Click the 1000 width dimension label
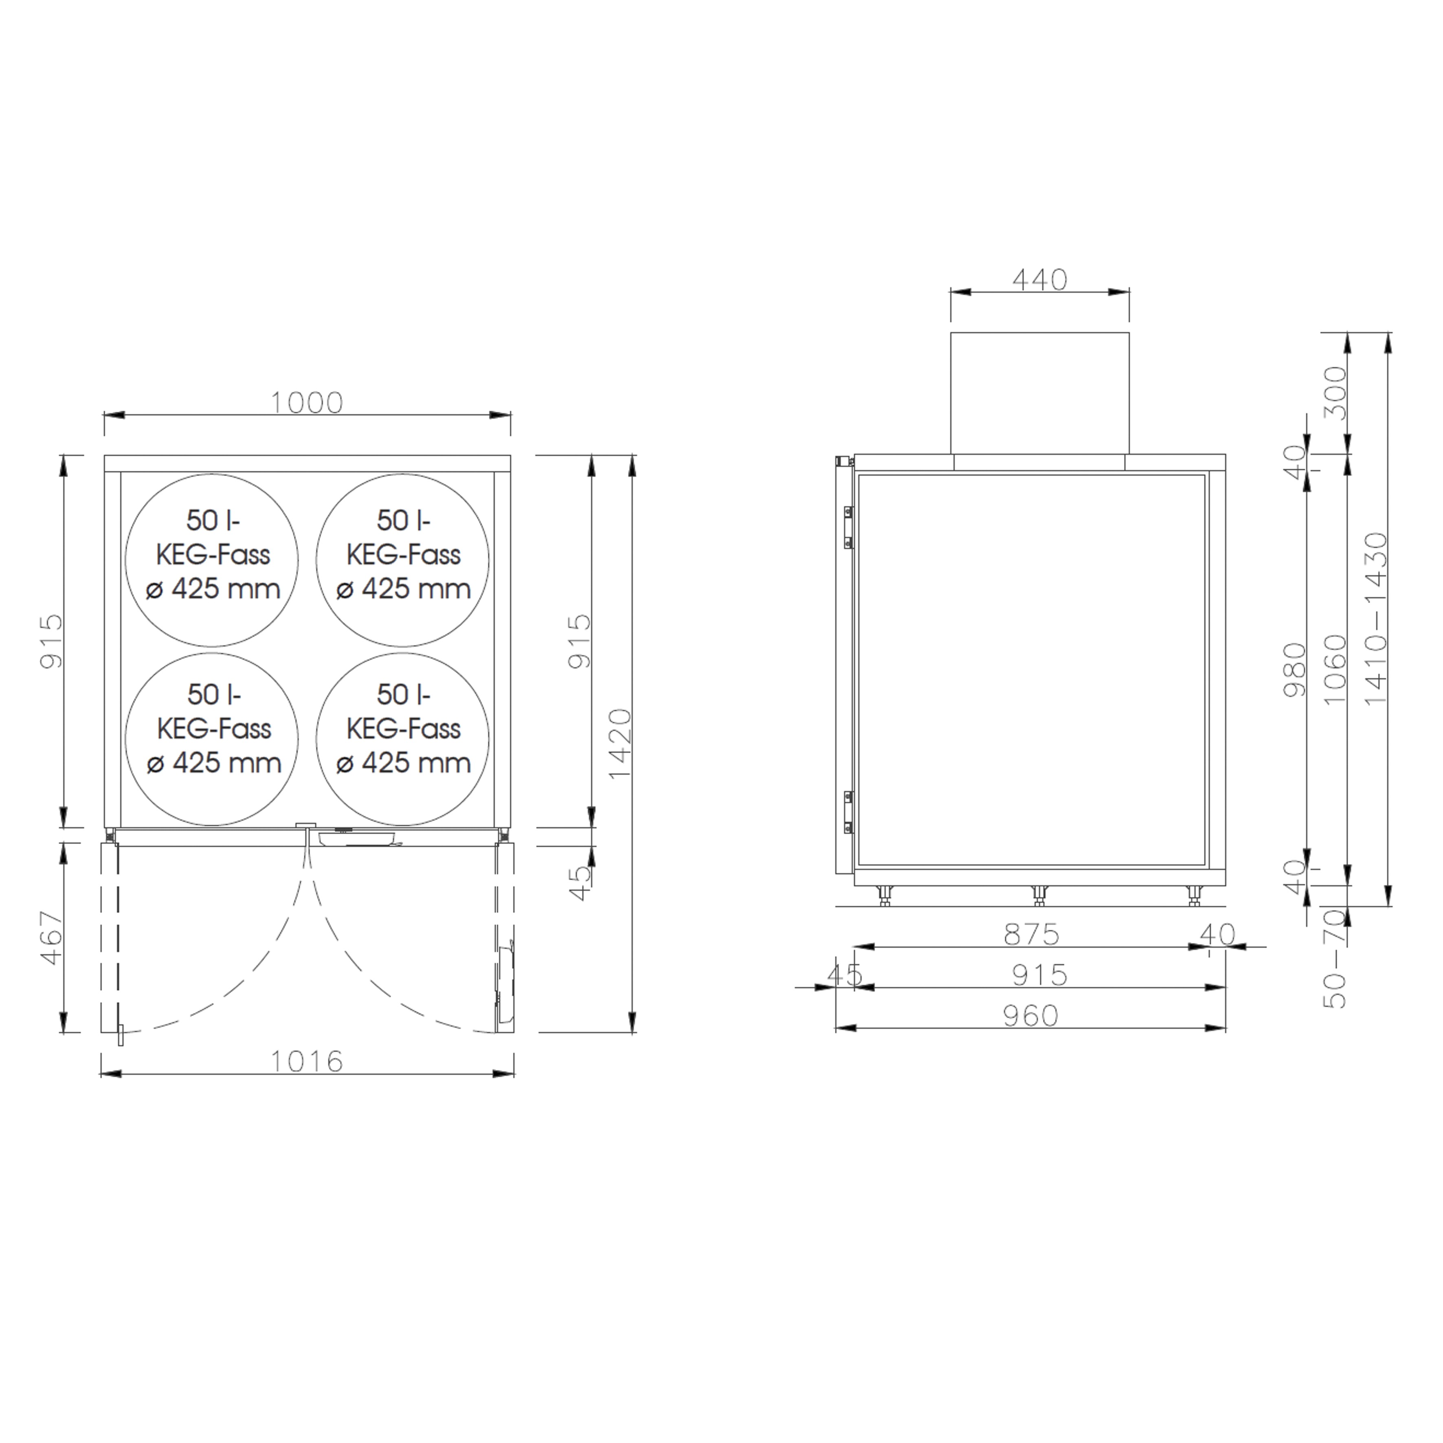[x=306, y=403]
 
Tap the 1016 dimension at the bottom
[x=306, y=1061]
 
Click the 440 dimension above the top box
[x=1040, y=280]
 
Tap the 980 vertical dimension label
[x=1294, y=670]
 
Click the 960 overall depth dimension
[x=1031, y=1016]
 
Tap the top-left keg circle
[x=212, y=560]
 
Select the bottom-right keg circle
[x=402, y=739]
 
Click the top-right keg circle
[x=402, y=560]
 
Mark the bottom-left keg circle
[x=212, y=739]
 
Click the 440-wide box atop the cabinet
[x=1040, y=393]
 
